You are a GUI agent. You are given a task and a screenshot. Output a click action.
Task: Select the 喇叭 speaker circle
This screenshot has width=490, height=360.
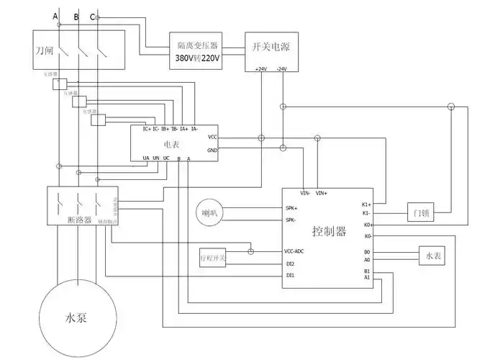point(209,213)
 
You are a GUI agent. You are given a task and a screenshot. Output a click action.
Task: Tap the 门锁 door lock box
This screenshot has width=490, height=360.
point(421,212)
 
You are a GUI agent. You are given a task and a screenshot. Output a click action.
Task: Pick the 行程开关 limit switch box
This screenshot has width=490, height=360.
point(213,258)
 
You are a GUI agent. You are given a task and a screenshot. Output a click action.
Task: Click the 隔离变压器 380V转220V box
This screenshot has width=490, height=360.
point(196,50)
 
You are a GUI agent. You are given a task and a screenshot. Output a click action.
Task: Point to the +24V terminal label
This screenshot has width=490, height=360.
point(260,69)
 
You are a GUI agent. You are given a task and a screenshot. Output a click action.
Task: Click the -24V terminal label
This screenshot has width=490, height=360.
point(281,69)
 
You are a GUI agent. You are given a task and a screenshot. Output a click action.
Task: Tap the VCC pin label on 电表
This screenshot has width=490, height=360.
point(212,136)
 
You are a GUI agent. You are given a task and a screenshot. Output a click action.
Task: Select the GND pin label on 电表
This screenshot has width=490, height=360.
point(212,150)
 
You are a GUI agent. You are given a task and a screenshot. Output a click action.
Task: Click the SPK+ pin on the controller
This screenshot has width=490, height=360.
point(291,208)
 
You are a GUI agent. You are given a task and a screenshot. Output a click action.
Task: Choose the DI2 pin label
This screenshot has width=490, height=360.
point(290,264)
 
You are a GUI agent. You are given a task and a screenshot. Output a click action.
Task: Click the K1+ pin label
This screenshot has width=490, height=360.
point(366,204)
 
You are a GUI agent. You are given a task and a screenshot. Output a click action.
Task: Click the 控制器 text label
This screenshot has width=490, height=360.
point(330,232)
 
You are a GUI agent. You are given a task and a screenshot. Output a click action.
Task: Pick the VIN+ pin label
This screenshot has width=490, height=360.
point(322,193)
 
